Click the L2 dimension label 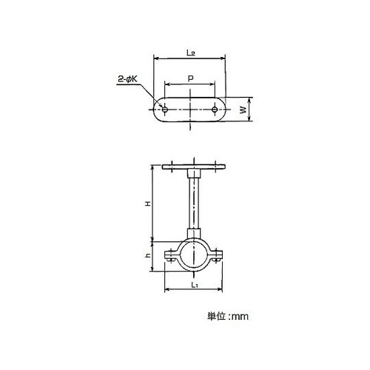point(191,53)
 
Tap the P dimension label point(190,78)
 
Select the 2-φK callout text point(127,79)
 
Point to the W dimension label point(243,110)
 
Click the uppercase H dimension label point(147,203)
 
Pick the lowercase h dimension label point(148,255)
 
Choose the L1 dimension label point(195,285)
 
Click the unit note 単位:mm point(228,316)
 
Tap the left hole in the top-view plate point(165,110)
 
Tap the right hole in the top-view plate point(215,110)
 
